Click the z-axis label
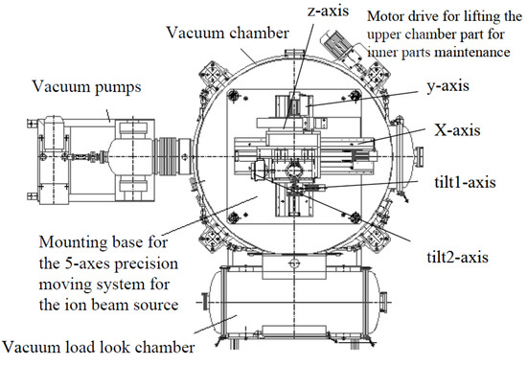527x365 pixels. point(328,11)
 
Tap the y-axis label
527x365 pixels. point(447,86)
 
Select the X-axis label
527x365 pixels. point(457,130)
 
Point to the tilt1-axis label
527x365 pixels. point(465,182)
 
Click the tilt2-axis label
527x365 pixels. point(457,257)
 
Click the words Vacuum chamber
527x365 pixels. point(227,33)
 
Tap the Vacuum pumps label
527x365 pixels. point(86,87)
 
